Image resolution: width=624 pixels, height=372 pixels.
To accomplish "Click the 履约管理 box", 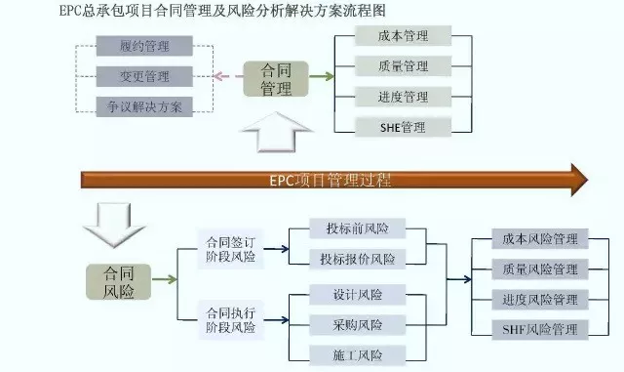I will [144, 46].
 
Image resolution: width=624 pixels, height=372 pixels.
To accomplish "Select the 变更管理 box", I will [144, 76].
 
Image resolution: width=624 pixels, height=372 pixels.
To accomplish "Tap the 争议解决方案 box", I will [144, 105].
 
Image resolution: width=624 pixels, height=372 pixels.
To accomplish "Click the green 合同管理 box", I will [277, 79].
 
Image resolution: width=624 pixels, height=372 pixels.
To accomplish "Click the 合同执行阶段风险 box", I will [230, 319].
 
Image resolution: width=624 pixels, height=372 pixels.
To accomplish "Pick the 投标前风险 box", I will [358, 229].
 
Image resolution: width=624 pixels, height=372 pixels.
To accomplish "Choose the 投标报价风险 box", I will [358, 260].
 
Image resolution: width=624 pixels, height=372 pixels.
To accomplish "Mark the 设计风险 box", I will [358, 294].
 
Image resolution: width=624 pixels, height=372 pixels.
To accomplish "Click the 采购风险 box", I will [358, 324].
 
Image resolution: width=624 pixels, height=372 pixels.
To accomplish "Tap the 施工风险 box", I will [358, 354].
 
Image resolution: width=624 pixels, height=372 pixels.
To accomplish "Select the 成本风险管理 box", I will [540, 239].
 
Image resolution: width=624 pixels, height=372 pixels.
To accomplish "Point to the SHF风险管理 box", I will [540, 329].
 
